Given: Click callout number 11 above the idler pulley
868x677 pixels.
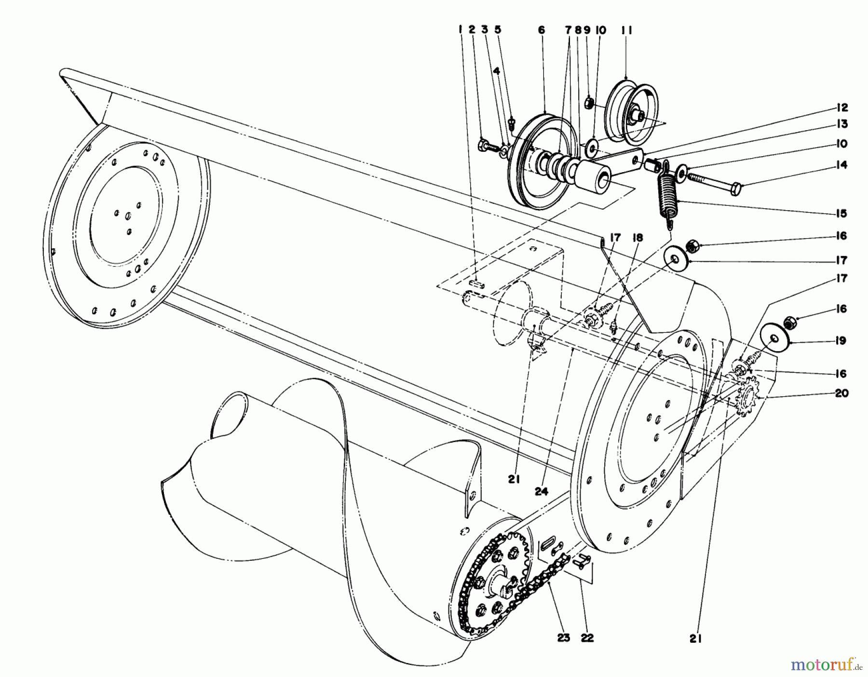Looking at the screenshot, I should pyautogui.click(x=626, y=30).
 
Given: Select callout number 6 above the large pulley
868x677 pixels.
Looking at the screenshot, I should pyautogui.click(x=542, y=30).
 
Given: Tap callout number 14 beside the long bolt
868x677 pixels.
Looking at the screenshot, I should pyautogui.click(x=841, y=165).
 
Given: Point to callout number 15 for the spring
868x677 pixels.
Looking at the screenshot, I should pyautogui.click(x=841, y=214).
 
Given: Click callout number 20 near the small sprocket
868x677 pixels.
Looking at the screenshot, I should pyautogui.click(x=841, y=393).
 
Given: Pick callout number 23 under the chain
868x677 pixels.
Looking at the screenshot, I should pyautogui.click(x=563, y=638).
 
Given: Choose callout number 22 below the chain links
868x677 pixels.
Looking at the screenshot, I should pyautogui.click(x=587, y=638).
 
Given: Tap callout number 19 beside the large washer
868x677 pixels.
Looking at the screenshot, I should pyautogui.click(x=841, y=341).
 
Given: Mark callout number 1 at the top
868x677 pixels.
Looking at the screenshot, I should pyautogui.click(x=461, y=30).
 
